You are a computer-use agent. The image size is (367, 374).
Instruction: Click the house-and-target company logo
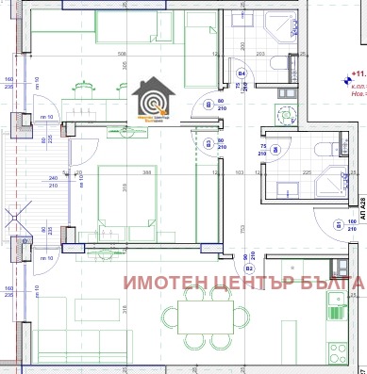(x=149, y=100)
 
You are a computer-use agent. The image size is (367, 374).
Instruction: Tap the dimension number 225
(x=309, y=172)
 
